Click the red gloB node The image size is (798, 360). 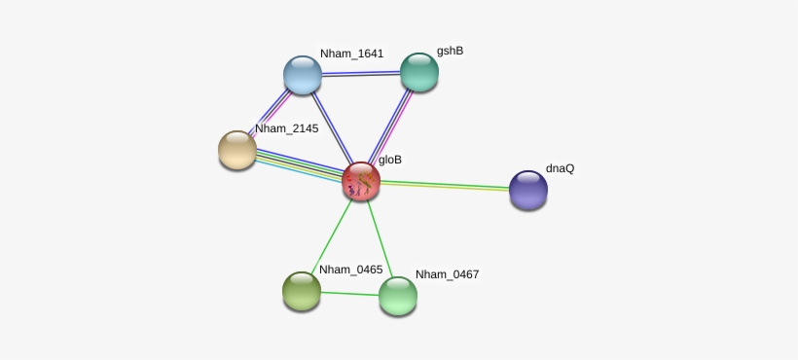coord(361,181)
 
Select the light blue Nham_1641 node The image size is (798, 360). coord(303,75)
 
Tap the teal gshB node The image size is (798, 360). coord(419,71)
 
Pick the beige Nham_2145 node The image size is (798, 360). coord(237,150)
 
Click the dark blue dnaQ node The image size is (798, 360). coord(528,190)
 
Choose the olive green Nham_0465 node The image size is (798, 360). coord(302,290)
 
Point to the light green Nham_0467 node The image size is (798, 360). coord(398,296)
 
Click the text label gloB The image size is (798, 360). coord(390,160)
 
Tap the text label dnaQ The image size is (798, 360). coord(560,168)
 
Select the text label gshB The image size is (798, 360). coord(450,51)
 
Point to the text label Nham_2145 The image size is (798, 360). coord(286,128)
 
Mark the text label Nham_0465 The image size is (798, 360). coord(350,270)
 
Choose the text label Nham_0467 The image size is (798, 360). coord(447,274)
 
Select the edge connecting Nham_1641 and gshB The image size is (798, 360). coord(361,73)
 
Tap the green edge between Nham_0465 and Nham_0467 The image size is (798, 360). coord(349,293)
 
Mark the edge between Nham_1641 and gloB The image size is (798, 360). coord(331,126)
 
